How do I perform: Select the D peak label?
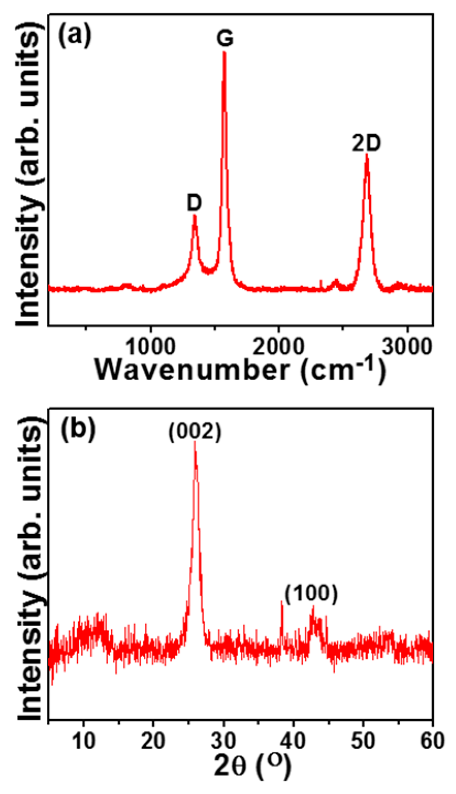[194, 204]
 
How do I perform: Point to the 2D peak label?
[366, 143]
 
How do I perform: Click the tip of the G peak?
[224, 53]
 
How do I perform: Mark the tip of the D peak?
[194, 216]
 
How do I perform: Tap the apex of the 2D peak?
[367, 155]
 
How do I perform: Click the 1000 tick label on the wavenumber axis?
[151, 347]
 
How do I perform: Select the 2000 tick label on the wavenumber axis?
[279, 347]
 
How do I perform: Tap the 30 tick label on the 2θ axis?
[223, 741]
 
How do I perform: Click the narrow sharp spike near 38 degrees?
[282, 602]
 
